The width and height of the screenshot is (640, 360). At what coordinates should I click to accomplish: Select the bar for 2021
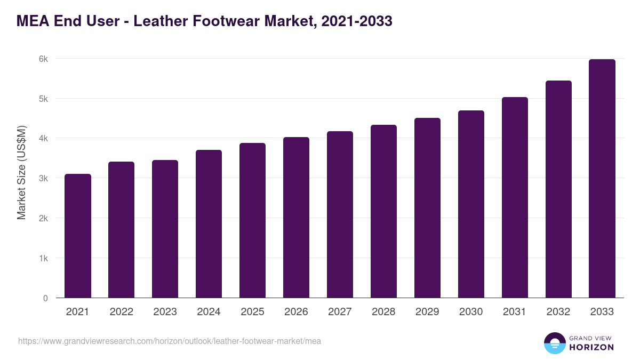pos(78,236)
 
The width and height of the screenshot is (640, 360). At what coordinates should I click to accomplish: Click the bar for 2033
pos(602,179)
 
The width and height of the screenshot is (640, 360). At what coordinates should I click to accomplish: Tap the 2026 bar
pos(296,218)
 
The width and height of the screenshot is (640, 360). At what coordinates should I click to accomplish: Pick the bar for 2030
pos(471,204)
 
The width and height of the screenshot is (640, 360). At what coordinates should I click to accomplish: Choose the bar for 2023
pos(165,229)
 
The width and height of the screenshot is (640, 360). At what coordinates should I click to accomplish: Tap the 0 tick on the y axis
pos(45,298)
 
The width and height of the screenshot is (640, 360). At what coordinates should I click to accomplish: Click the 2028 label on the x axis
pos(383,312)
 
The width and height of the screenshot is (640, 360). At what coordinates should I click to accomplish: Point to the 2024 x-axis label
pos(209,312)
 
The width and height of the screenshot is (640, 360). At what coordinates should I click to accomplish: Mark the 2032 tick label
pos(558,312)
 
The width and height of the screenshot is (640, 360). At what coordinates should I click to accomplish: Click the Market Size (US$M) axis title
pos(21,172)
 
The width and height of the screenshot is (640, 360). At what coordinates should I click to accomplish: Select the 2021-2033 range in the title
pos(357,21)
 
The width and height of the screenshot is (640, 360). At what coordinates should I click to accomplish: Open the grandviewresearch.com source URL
pos(170,341)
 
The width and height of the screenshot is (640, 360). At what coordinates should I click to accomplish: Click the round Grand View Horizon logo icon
pos(555,343)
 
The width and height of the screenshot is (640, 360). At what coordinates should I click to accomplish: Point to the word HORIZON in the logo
pos(591,347)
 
